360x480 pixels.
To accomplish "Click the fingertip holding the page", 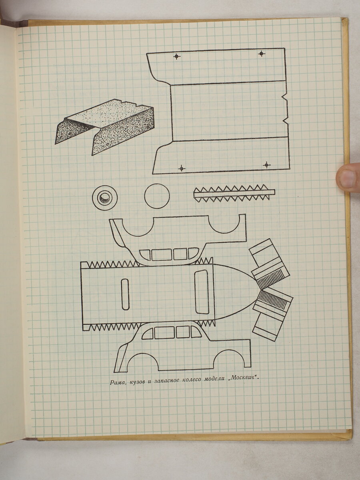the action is click(x=348, y=178).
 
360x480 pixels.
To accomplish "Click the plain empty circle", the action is click(x=157, y=196).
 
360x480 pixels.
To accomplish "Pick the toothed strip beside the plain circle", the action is click(x=234, y=193).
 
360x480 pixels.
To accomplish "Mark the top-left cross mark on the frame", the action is click(x=177, y=56).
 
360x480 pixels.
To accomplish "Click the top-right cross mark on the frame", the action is click(x=262, y=53).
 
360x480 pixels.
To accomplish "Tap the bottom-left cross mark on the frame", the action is click(x=182, y=168).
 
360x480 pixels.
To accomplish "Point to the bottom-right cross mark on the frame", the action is click(x=266, y=165).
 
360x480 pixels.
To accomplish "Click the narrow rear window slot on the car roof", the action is click(x=125, y=294).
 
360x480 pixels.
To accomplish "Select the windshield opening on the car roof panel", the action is click(x=202, y=292).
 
